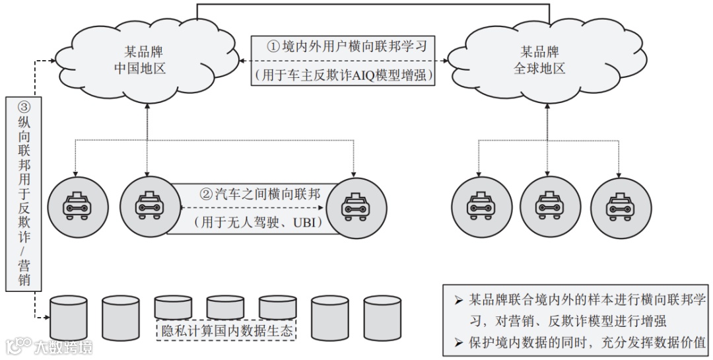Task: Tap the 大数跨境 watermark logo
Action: click(49, 347)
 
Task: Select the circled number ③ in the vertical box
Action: click(24, 107)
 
